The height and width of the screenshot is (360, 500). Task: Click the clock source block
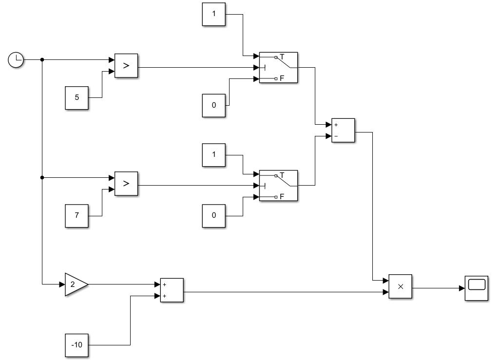click(x=16, y=60)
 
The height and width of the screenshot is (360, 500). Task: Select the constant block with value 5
click(x=77, y=97)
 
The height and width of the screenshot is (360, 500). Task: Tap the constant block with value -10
click(x=77, y=345)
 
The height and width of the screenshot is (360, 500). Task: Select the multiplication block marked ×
click(x=401, y=286)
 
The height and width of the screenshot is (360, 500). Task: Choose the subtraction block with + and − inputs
click(x=343, y=131)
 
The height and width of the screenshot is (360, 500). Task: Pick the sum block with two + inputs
click(x=172, y=290)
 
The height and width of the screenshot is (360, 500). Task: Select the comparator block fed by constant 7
click(x=126, y=184)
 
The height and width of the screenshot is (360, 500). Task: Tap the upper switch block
click(x=278, y=68)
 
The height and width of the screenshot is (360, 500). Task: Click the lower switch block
click(x=278, y=186)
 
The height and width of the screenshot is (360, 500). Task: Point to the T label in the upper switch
click(x=282, y=57)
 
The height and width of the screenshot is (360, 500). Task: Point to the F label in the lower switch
click(x=282, y=197)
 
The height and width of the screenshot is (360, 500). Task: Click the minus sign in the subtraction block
click(x=336, y=137)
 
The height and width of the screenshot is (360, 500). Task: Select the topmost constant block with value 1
click(x=214, y=14)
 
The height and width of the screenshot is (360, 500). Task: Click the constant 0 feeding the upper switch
click(x=214, y=105)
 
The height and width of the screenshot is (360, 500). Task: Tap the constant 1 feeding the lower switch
click(x=214, y=155)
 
